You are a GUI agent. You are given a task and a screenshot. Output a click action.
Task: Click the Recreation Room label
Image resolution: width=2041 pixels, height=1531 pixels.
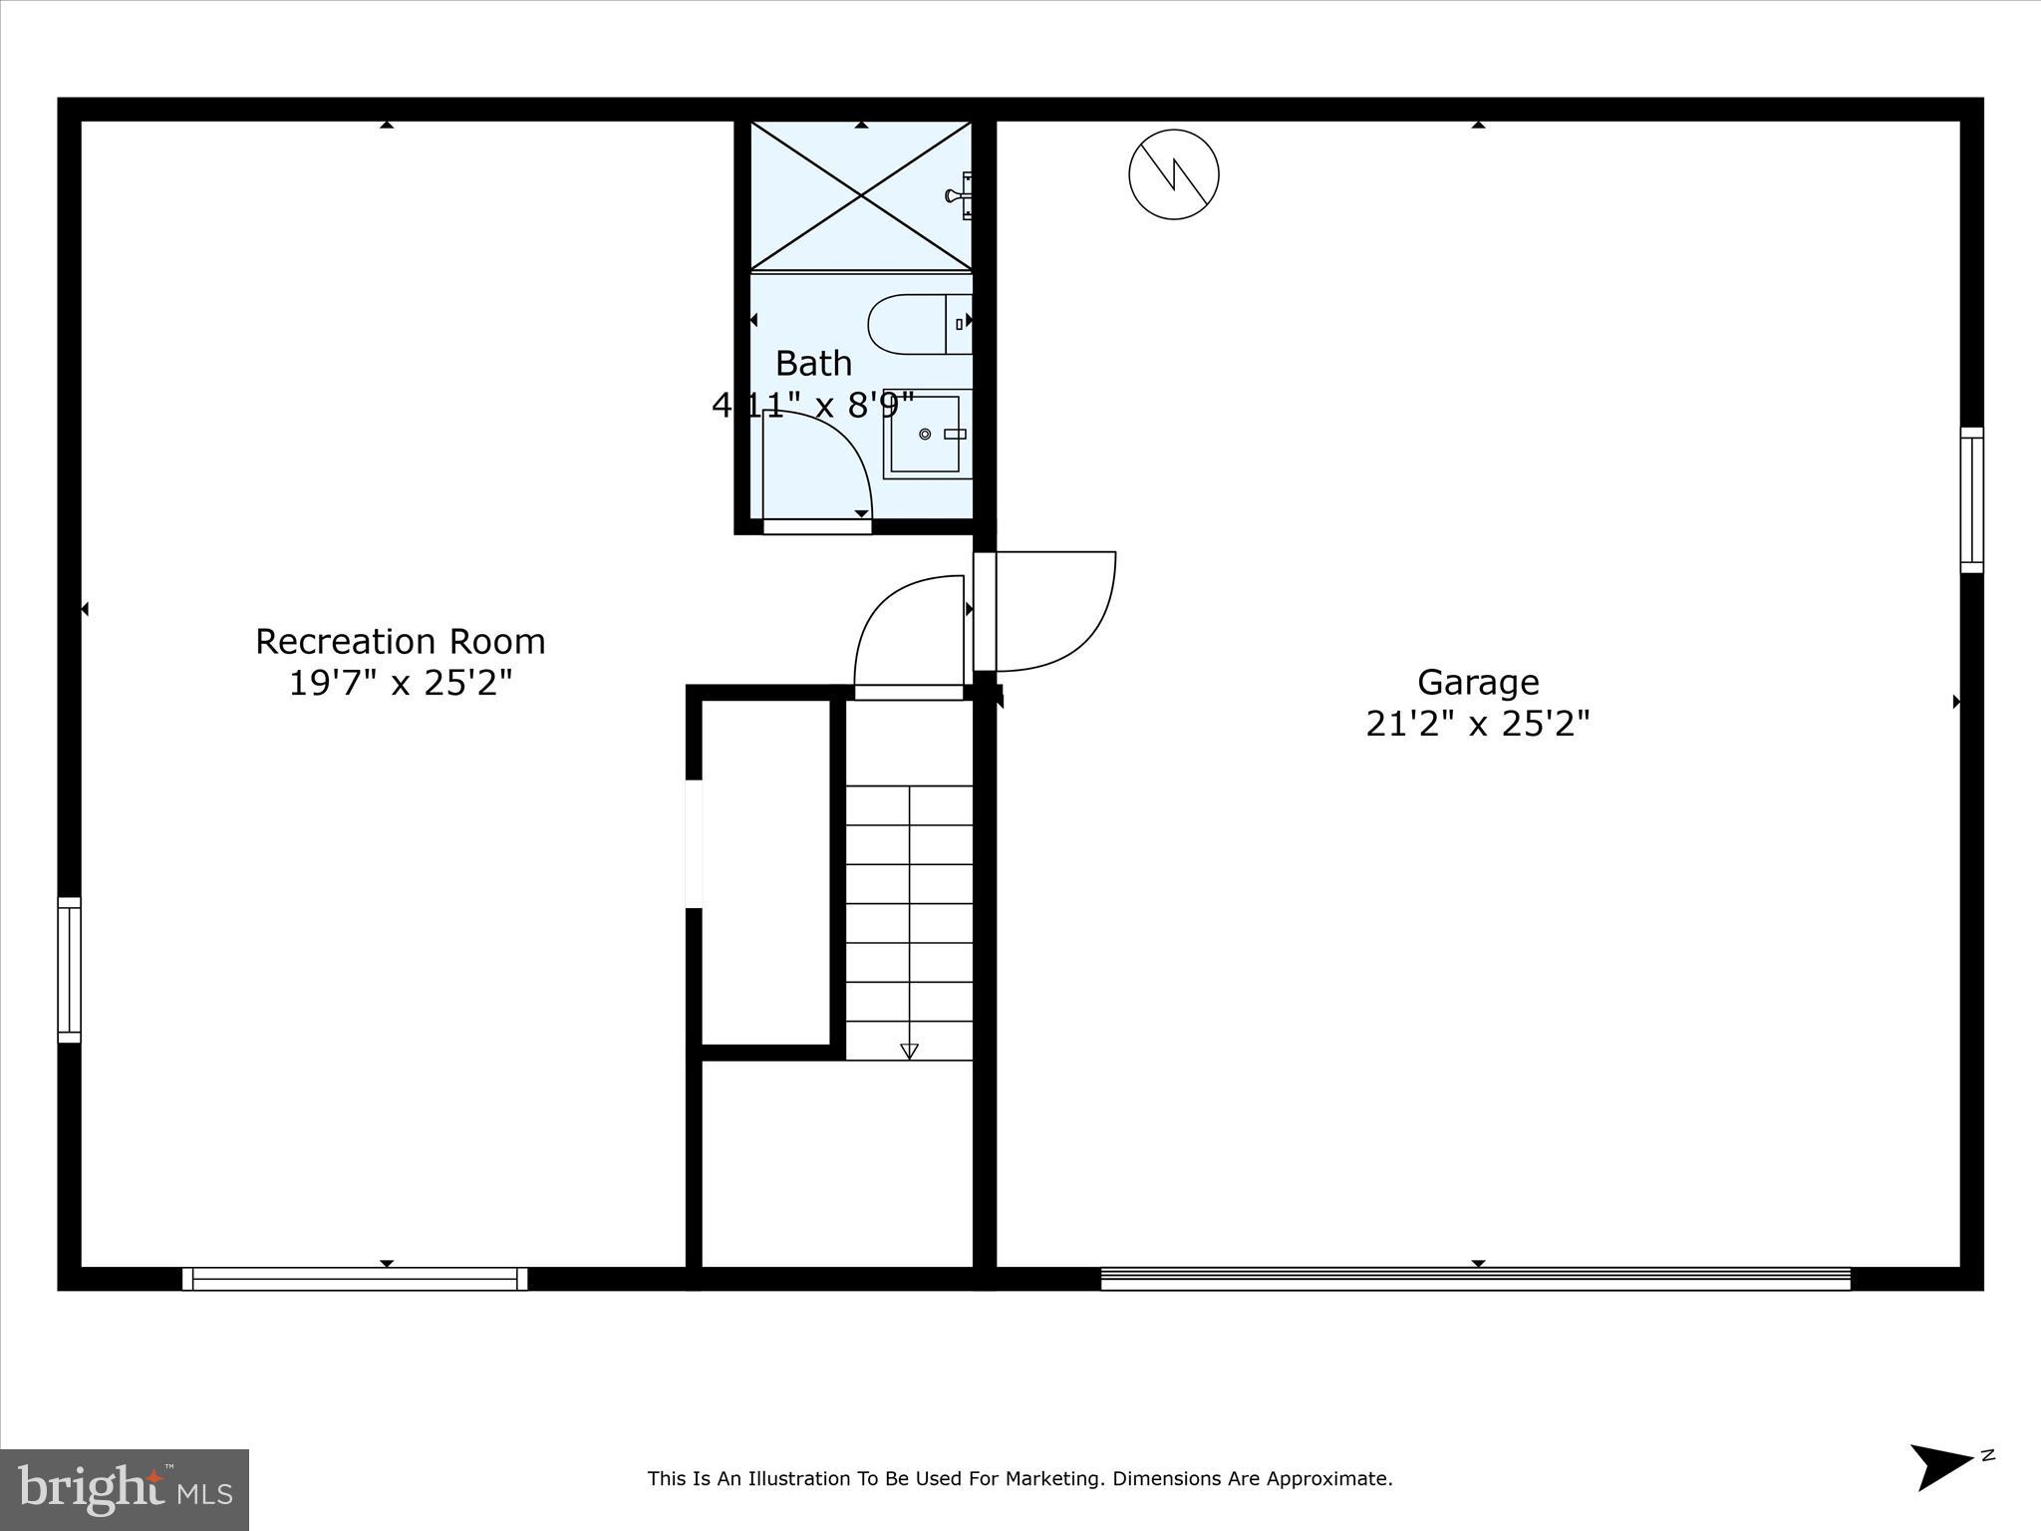coord(400,641)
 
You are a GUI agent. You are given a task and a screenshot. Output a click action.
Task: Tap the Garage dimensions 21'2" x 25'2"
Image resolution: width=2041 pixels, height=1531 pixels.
coord(1477,724)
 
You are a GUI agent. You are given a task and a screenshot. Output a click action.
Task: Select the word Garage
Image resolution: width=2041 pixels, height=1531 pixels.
coord(1478,683)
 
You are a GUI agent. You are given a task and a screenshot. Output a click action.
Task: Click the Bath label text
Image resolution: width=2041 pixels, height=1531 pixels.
coord(813,364)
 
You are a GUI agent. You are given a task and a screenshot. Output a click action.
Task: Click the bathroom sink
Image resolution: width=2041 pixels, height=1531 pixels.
coord(927,434)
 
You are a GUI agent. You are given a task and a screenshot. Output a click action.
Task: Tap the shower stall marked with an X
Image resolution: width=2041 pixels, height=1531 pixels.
coord(860,195)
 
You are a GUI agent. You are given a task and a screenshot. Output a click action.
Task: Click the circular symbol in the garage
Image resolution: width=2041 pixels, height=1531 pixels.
coord(1173,174)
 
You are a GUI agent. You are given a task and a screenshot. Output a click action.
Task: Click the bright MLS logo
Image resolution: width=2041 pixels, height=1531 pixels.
coord(125,1489)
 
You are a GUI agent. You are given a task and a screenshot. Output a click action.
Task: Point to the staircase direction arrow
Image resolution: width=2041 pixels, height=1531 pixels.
coord(909,1051)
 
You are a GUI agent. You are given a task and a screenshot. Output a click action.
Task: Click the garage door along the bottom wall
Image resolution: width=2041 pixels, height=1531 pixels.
coord(1475,1278)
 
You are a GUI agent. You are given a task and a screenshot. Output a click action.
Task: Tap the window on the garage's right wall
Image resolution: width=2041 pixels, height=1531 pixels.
coord(1971,500)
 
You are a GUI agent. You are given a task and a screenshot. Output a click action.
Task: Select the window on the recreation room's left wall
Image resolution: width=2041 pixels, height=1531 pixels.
coord(69,969)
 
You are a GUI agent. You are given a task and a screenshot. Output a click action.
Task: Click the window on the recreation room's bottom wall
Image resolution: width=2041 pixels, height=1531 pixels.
coord(355,1278)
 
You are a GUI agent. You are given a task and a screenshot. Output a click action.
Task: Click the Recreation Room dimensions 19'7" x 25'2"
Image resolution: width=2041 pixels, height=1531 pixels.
coord(400,684)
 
